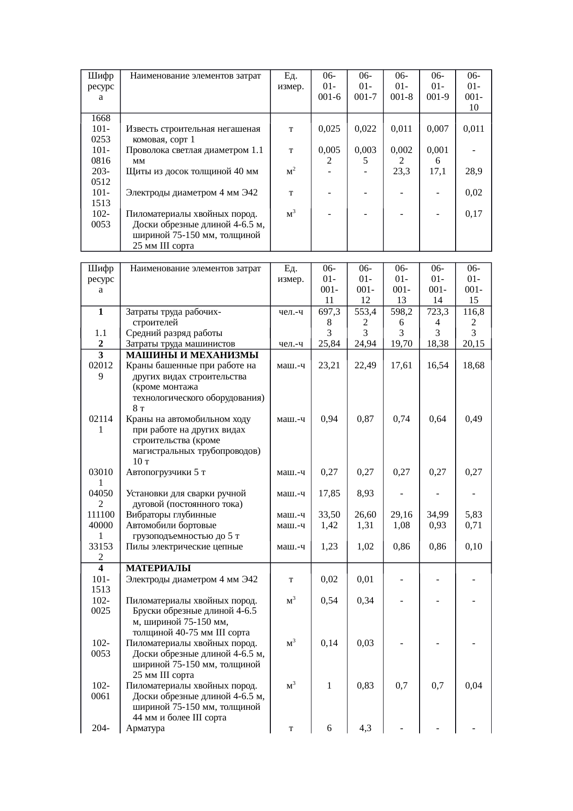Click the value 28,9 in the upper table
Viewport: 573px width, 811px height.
click(x=474, y=171)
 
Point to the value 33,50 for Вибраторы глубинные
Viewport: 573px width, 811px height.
click(x=329, y=515)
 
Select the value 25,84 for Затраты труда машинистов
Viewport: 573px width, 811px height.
click(x=329, y=343)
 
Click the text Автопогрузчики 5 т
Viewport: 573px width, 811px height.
click(x=166, y=472)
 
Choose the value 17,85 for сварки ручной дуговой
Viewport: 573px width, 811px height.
click(x=329, y=494)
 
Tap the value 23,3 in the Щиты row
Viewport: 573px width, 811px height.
click(x=402, y=171)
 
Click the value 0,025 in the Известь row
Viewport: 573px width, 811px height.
click(x=329, y=129)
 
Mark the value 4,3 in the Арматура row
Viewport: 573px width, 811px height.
click(x=365, y=728)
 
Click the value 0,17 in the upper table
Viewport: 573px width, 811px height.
click(x=474, y=214)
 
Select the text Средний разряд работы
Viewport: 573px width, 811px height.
click(x=174, y=333)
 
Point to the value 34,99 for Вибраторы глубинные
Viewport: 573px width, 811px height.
click(x=438, y=515)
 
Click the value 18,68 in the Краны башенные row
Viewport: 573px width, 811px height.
click(x=474, y=366)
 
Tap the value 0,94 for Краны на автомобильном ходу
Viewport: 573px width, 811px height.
click(x=329, y=419)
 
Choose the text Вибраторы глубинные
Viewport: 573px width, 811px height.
click(x=171, y=515)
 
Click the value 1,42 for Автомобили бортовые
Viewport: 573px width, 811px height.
click(x=329, y=525)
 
